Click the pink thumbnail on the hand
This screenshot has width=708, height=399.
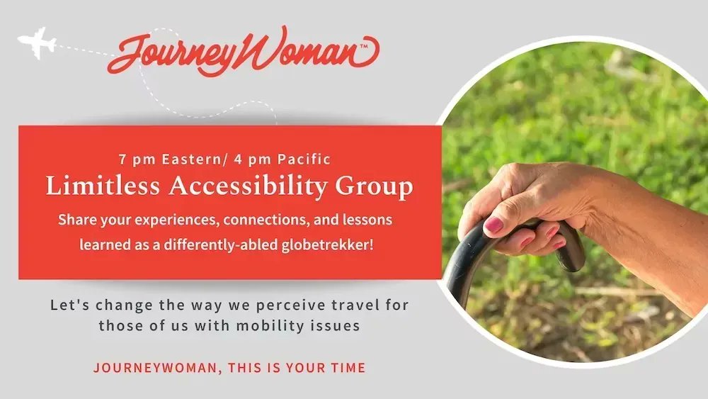click(x=493, y=226)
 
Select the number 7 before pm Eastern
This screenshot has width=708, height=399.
click(x=124, y=159)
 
